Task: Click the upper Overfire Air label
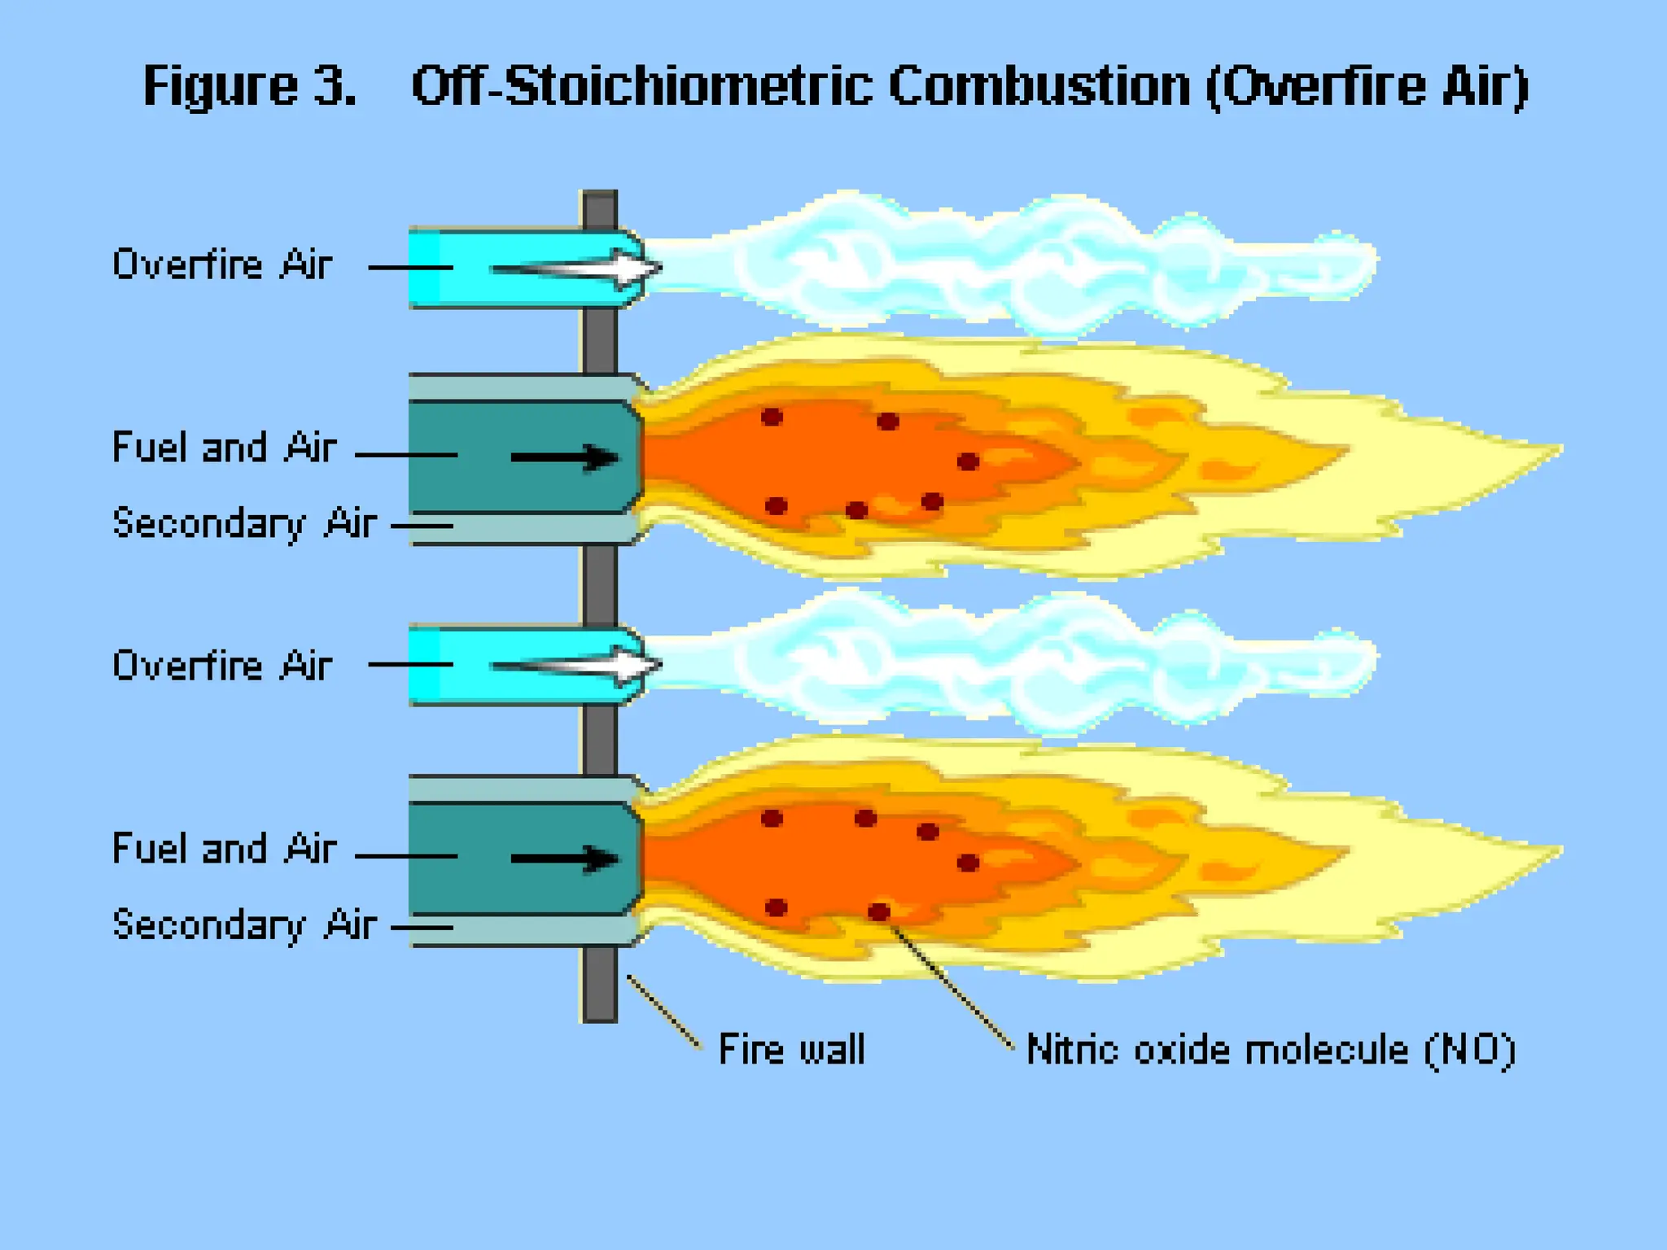[222, 264]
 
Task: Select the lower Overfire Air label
[222, 666]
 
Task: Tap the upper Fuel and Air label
[224, 448]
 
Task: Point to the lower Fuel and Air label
[224, 849]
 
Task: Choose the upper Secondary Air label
[244, 522]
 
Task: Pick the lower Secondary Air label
[244, 924]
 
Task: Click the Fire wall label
[791, 1049]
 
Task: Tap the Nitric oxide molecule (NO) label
[1271, 1049]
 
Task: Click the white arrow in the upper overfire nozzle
[578, 269]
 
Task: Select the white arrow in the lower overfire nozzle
[578, 667]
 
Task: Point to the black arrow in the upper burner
[565, 457]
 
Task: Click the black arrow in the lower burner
[565, 859]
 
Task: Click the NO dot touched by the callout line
[879, 911]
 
